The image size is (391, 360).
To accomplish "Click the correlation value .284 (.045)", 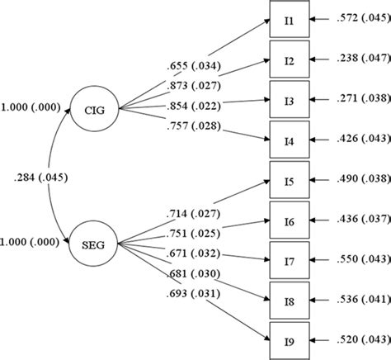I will [41, 176].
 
